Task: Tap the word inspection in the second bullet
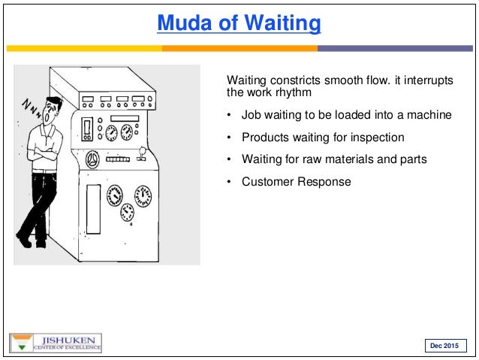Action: pos(379,138)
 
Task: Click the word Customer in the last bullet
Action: pos(267,182)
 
